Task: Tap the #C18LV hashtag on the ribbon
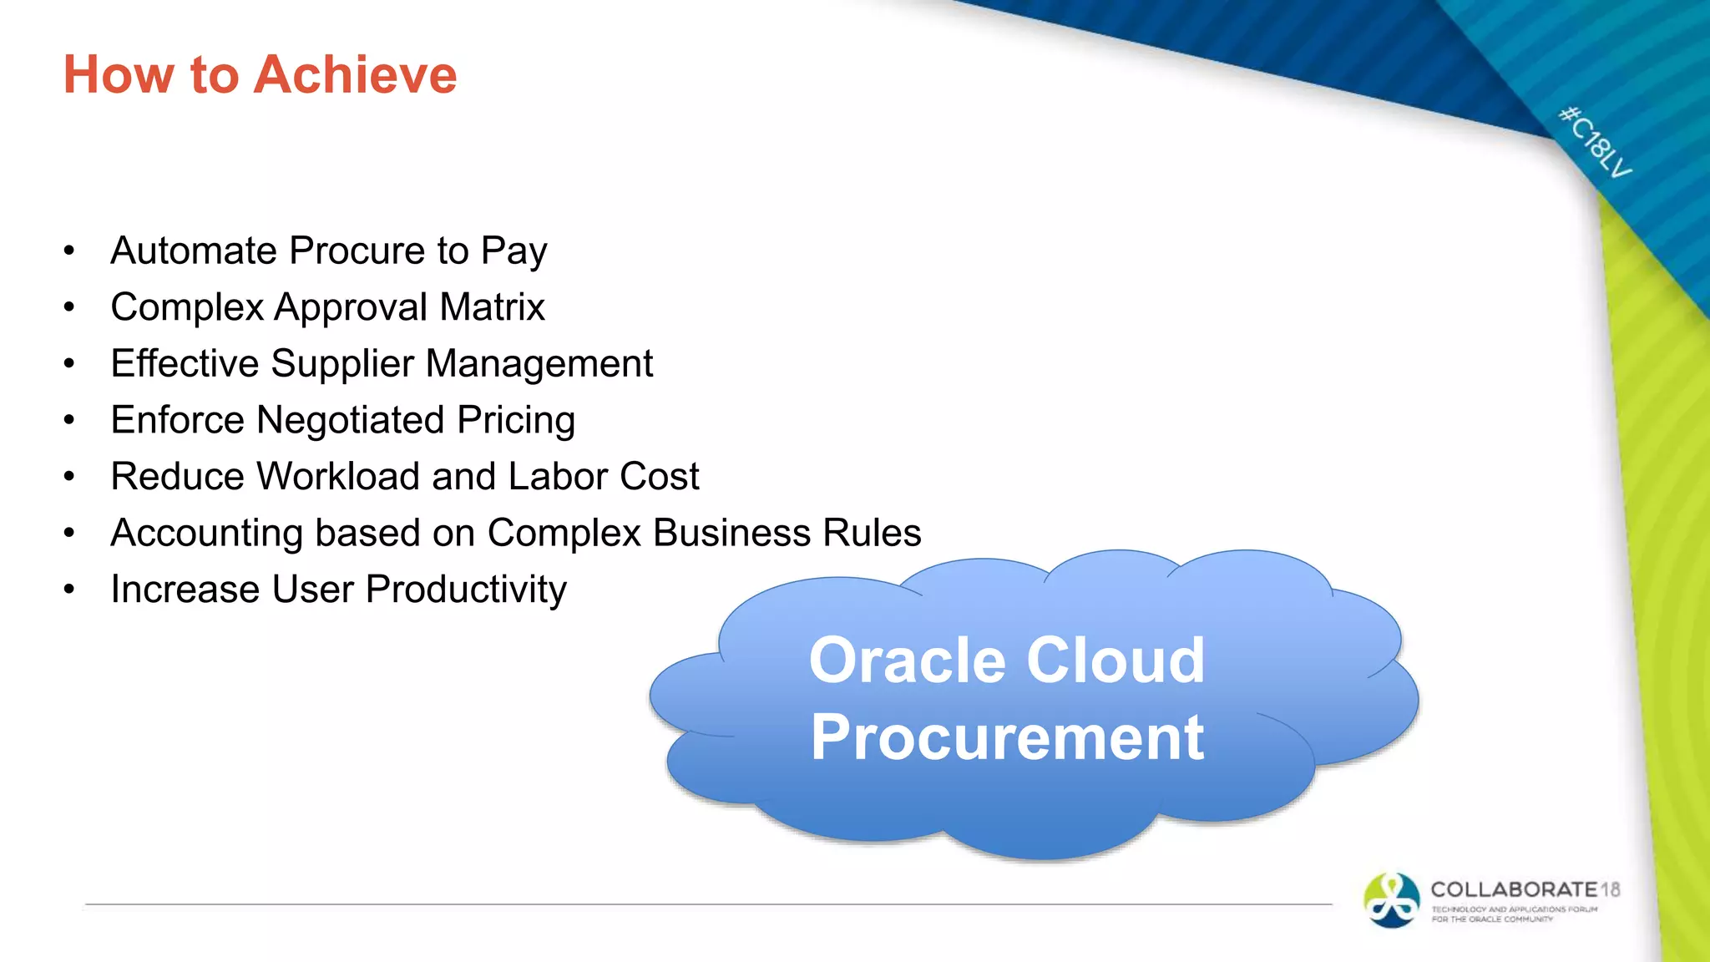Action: point(1596,143)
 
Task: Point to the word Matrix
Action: point(492,307)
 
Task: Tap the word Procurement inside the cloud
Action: point(1007,738)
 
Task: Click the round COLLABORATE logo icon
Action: point(1391,900)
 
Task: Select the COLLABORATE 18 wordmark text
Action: point(1525,890)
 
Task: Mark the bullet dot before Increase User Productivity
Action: point(69,590)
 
